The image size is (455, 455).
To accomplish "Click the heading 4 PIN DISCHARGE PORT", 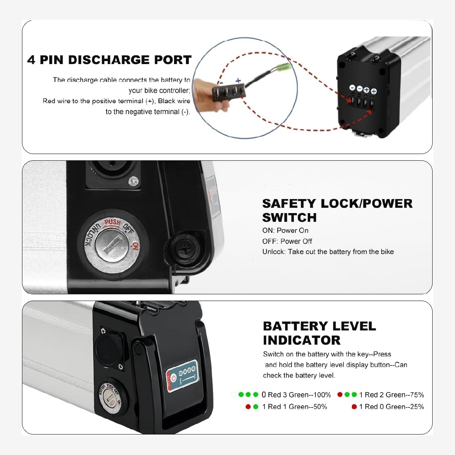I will coord(109,60).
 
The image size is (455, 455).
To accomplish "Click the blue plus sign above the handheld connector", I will coord(238,80).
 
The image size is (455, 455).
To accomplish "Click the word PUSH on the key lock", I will coord(112,222).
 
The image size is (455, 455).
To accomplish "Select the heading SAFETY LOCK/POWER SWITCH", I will coord(337,210).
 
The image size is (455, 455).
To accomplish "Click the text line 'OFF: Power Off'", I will coord(287,241).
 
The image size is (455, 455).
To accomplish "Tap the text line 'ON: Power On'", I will coord(285,231).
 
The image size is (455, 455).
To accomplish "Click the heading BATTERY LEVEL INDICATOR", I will coord(319,333).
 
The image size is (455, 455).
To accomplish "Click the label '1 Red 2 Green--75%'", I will coord(391,395).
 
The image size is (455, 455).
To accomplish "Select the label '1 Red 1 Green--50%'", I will coord(294,407).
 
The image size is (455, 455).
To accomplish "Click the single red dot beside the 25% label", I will coord(354,407).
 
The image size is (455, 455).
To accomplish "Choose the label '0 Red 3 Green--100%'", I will coord(296,395).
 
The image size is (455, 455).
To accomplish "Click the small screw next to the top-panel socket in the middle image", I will coord(133,181).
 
